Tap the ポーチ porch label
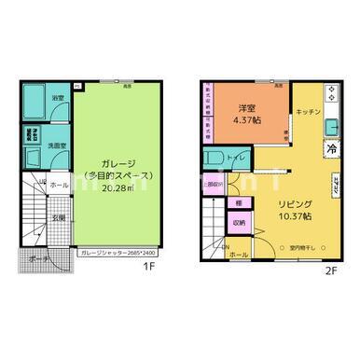(x=38, y=257)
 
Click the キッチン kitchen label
(x=309, y=112)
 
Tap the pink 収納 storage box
(x=240, y=223)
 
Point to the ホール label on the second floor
(x=239, y=254)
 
